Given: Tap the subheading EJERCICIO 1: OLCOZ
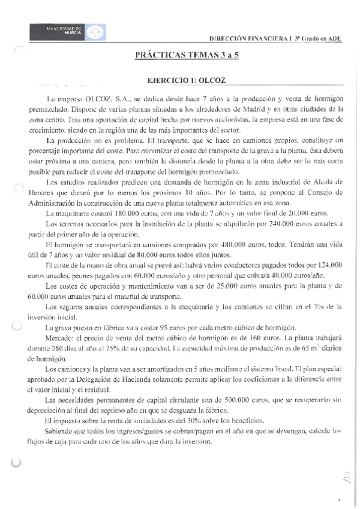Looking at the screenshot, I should pos(187,80).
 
